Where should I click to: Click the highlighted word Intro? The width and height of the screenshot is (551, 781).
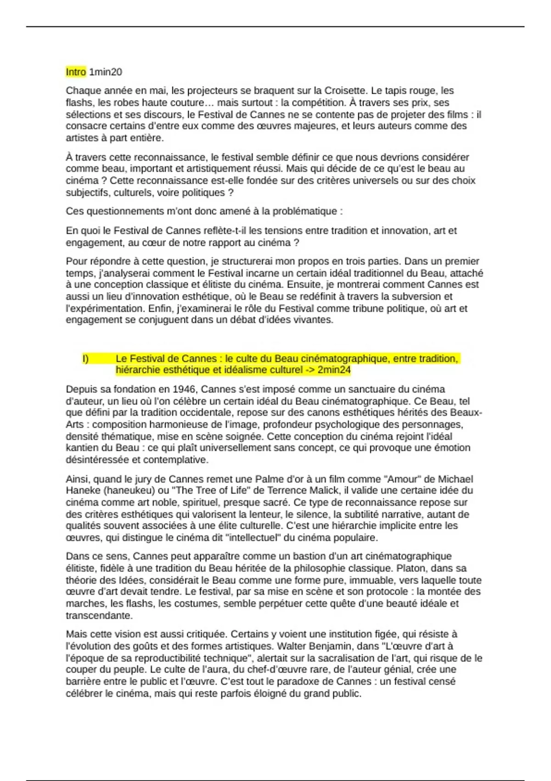coord(76,72)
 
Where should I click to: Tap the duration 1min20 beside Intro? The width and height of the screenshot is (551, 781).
coord(106,72)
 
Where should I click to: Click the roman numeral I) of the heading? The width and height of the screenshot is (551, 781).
coord(85,358)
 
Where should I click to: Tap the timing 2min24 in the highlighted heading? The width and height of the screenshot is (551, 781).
coord(334,370)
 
